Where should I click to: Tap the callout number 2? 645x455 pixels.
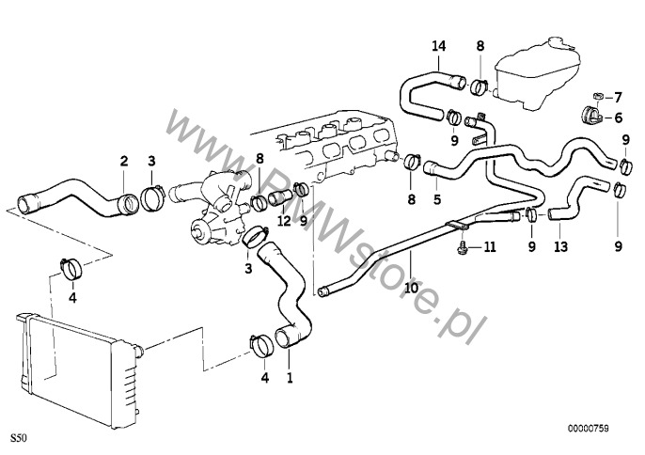[x=122, y=162]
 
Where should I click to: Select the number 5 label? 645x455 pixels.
[x=436, y=199]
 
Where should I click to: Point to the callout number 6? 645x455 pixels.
[x=618, y=118]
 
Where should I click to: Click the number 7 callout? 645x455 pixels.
[x=618, y=97]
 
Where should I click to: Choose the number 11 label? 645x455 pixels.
[x=489, y=247]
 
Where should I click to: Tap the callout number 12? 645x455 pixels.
[x=283, y=221]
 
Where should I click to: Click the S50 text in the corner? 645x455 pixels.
[x=19, y=438]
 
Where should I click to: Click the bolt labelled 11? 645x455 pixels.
[x=464, y=247]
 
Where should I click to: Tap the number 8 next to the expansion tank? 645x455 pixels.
[x=480, y=46]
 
